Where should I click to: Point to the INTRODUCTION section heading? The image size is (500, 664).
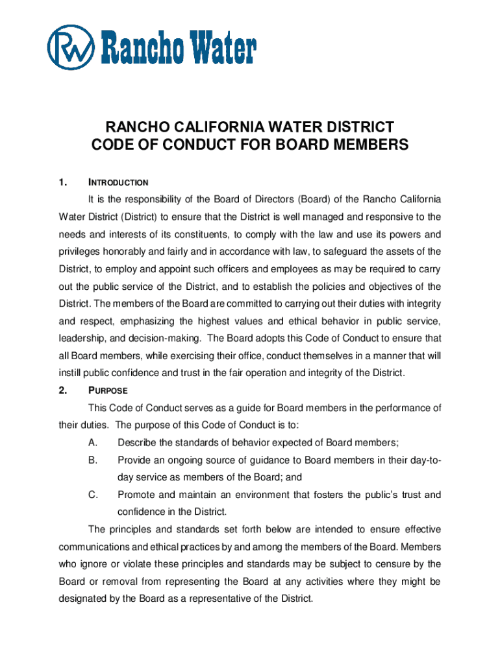118,183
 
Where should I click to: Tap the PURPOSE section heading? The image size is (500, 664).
108,391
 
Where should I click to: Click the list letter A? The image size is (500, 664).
92,443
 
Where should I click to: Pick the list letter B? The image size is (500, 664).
92,460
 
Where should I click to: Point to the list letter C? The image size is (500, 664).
92,495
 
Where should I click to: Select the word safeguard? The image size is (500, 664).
334,252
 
